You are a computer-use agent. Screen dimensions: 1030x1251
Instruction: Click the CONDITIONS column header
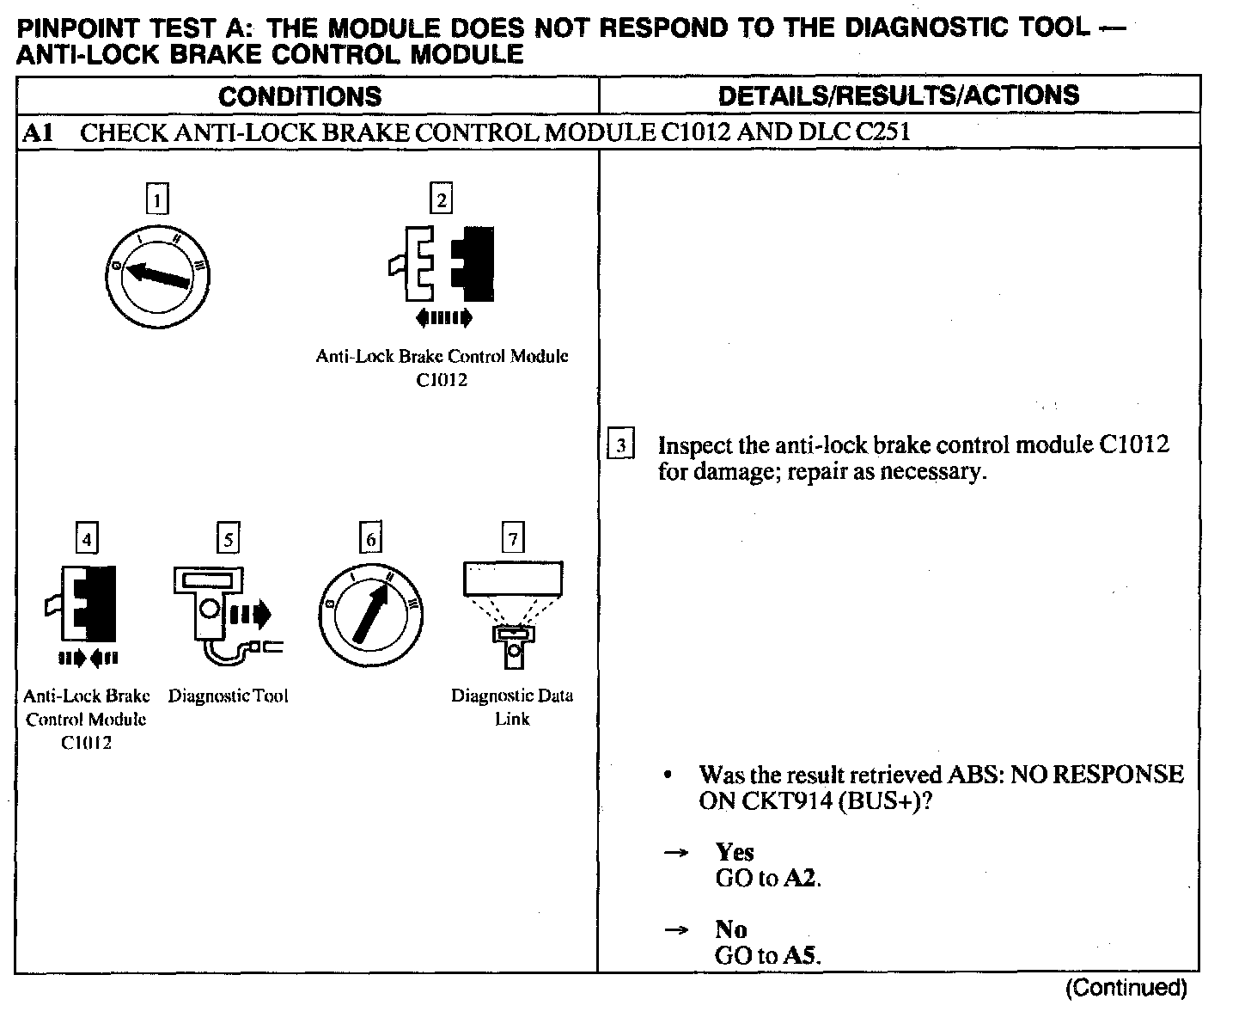(299, 95)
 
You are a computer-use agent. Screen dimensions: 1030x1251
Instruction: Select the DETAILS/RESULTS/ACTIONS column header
(898, 95)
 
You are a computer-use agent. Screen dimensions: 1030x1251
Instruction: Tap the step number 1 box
(157, 200)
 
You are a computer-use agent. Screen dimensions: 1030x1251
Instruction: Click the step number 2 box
(441, 199)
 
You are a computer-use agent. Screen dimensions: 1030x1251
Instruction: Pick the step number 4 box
(87, 539)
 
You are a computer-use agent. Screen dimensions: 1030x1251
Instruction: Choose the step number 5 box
(228, 539)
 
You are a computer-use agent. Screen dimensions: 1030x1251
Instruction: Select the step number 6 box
(370, 539)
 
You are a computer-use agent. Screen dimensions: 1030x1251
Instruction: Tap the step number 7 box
(512, 539)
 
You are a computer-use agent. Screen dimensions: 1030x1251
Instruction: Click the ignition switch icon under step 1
(157, 277)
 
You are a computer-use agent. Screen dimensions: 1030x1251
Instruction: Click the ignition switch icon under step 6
(371, 616)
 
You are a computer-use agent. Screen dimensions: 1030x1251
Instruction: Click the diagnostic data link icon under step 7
(513, 612)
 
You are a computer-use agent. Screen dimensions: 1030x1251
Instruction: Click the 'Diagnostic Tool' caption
(228, 696)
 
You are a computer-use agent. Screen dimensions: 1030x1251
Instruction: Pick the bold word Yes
(735, 852)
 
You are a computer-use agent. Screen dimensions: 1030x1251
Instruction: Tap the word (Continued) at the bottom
(1126, 988)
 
